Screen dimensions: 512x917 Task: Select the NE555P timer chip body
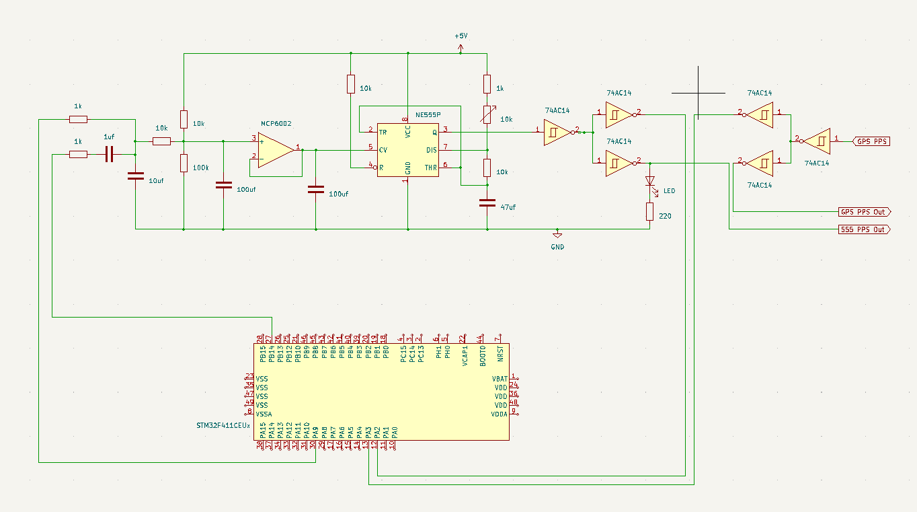(407, 149)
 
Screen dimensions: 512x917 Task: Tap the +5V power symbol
(461, 47)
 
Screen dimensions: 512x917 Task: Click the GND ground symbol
(557, 235)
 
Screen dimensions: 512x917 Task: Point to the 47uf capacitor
(487, 202)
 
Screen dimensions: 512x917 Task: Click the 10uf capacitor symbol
(136, 176)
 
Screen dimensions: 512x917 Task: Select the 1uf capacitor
(110, 155)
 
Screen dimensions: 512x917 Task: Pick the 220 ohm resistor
(649, 212)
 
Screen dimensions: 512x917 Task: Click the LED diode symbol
(649, 181)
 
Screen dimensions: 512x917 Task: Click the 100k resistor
(184, 163)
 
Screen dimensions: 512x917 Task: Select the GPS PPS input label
(871, 141)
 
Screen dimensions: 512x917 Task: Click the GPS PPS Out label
(865, 212)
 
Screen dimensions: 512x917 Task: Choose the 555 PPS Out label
(865, 229)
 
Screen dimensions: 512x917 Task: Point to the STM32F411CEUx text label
(223, 426)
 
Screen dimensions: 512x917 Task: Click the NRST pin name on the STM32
(500, 355)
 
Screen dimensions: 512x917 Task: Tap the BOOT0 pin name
(482, 355)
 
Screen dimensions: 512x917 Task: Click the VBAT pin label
(500, 379)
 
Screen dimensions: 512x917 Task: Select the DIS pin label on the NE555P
(431, 150)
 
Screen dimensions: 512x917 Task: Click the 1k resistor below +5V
(487, 84)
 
